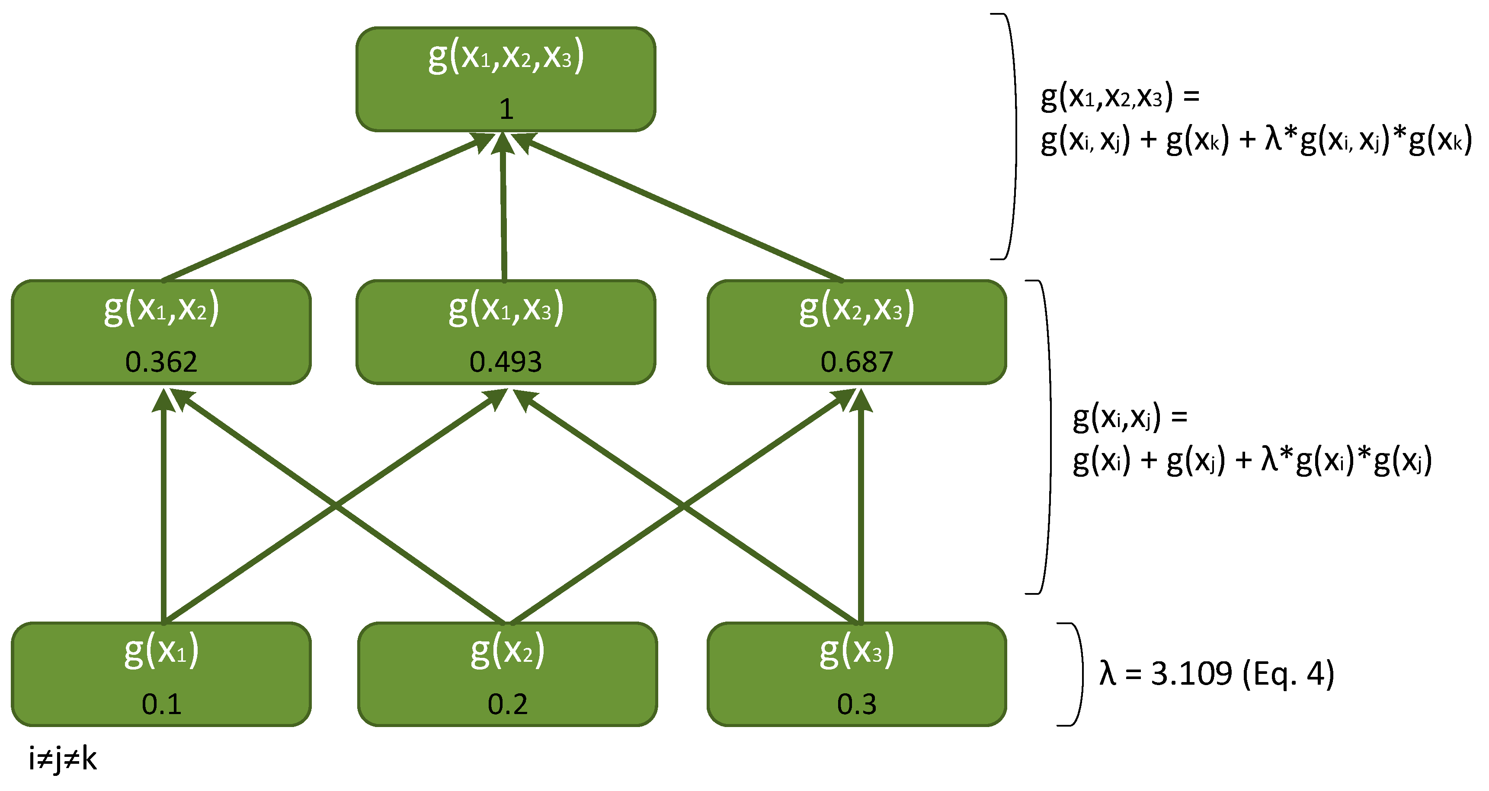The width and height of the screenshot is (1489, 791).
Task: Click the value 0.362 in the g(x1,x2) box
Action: click(x=161, y=362)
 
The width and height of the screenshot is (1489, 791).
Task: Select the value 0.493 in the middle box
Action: click(x=505, y=362)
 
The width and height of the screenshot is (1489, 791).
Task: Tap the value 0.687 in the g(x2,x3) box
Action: click(x=857, y=362)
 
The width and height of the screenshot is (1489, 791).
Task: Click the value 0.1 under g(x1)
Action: click(x=161, y=704)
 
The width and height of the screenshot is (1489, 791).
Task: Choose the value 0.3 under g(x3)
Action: click(x=857, y=704)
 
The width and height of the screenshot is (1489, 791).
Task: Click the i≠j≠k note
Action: click(x=62, y=759)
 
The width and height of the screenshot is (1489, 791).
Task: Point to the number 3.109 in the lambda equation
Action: click(x=1191, y=674)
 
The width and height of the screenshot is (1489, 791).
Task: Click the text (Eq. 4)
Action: click(x=1288, y=674)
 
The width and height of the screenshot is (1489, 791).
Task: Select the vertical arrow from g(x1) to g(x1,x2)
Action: click(x=163, y=508)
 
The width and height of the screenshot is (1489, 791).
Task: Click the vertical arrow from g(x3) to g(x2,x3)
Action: click(x=861, y=508)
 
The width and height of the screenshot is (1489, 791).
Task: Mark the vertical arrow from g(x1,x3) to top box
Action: click(x=503, y=208)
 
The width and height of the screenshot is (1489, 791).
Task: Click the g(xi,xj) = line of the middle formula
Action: click(x=1130, y=417)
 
